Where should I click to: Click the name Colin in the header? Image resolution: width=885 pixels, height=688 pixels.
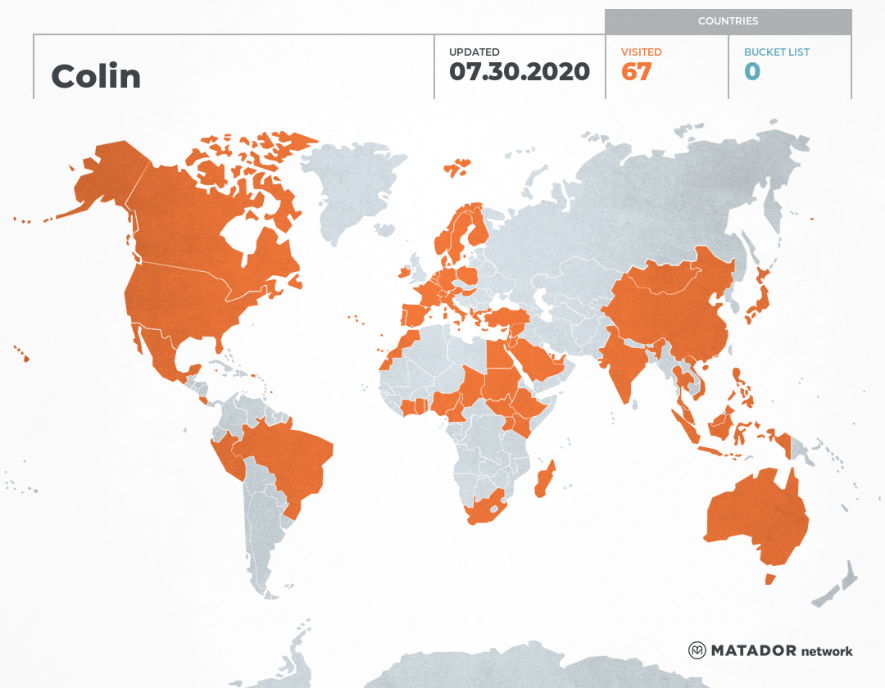click(x=96, y=76)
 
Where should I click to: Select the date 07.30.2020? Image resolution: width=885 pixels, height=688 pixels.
click(x=520, y=71)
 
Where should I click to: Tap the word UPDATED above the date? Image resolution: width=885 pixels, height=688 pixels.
click(x=474, y=52)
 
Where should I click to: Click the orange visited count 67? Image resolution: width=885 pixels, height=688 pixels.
click(x=637, y=71)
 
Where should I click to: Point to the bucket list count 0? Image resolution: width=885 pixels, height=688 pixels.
click(x=752, y=71)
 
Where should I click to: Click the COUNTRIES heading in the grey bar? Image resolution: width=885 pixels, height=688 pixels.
click(x=728, y=21)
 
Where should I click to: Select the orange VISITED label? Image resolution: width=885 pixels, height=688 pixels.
click(x=642, y=52)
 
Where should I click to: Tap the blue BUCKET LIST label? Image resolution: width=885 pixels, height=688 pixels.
click(x=777, y=52)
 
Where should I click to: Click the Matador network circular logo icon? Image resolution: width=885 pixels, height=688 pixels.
click(x=697, y=650)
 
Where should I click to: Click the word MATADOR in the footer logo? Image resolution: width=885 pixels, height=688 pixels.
click(x=754, y=650)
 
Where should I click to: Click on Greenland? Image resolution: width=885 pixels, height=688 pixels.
click(x=352, y=188)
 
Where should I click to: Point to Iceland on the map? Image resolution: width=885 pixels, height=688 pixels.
click(x=457, y=168)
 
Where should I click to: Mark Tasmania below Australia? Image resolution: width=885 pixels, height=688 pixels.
click(x=770, y=579)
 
